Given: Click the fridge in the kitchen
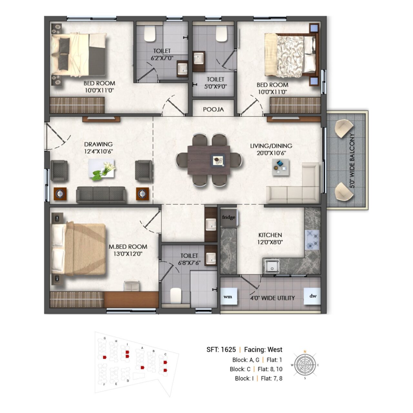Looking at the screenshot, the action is coord(229,218).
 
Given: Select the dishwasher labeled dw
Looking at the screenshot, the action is coord(312,296).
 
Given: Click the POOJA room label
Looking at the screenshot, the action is coord(213,109).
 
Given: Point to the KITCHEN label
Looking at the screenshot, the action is coord(270,235).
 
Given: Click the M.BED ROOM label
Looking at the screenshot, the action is coord(128,247).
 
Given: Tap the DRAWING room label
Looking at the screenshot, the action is coord(98,144).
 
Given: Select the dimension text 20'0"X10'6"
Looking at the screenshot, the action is coord(271,153).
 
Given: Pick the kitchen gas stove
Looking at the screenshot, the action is coord(312,240).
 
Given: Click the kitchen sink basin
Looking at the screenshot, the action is coord(272,267).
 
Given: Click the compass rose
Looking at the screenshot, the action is coord(305,365).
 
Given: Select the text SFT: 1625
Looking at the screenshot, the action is coord(221,349).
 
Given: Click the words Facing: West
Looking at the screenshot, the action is coord(263,349).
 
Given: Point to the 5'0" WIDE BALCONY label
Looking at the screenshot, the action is coord(352,161).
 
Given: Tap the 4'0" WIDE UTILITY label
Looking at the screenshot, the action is coord(272,298).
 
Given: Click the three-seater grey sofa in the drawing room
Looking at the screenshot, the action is coord(101,194).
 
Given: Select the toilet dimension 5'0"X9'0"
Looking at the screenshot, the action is coord(215,87).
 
